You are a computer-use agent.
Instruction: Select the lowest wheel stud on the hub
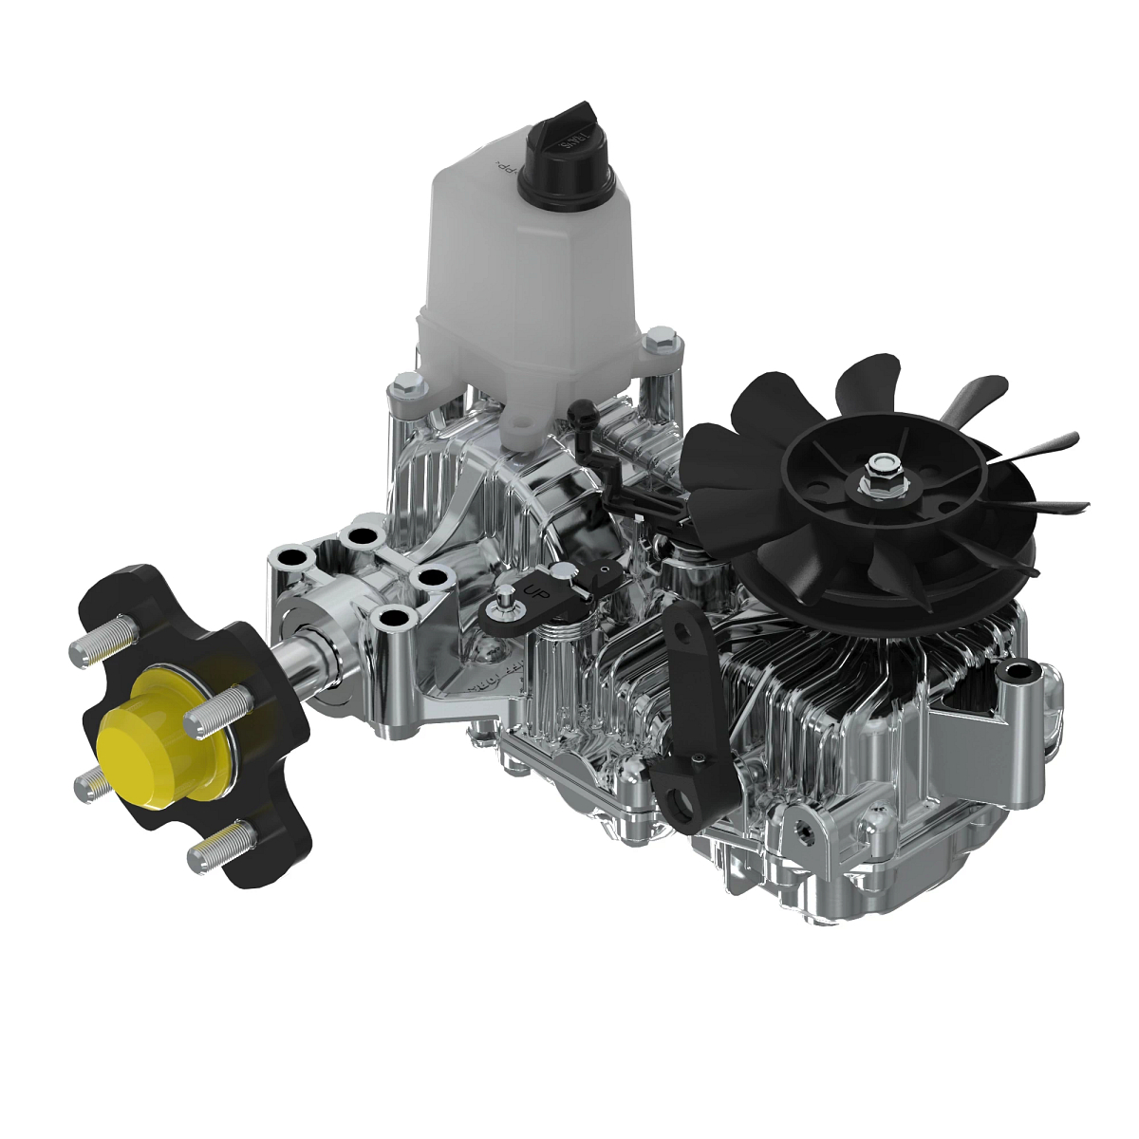coord(219,848)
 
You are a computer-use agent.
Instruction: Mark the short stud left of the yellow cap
coord(93,784)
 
